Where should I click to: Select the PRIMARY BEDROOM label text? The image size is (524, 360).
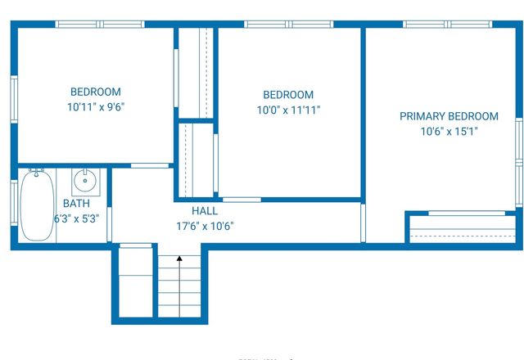449,116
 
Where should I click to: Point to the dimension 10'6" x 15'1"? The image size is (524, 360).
449,131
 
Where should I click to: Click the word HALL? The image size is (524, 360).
205,211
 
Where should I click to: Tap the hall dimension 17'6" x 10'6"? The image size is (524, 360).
206,227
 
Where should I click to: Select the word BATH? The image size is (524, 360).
76,204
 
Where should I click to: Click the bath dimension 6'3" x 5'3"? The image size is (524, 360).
76,218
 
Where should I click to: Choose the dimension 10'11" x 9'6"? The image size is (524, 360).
96,106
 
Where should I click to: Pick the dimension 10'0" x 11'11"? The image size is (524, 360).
288,110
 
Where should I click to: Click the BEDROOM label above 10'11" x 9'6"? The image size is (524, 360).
96,92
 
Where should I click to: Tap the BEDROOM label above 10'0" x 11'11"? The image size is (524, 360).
288,95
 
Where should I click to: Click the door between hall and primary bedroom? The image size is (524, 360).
364,223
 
